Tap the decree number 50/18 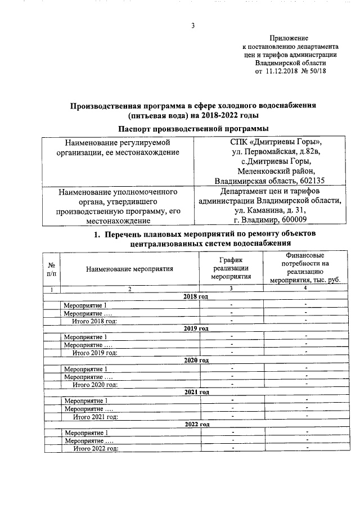pyautogui.click(x=317, y=72)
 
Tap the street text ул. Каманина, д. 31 pyautogui.click(x=271, y=210)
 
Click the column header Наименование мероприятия pyautogui.click(x=129, y=269)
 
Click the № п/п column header pyautogui.click(x=52, y=269)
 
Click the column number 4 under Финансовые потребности pyautogui.click(x=305, y=289)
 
